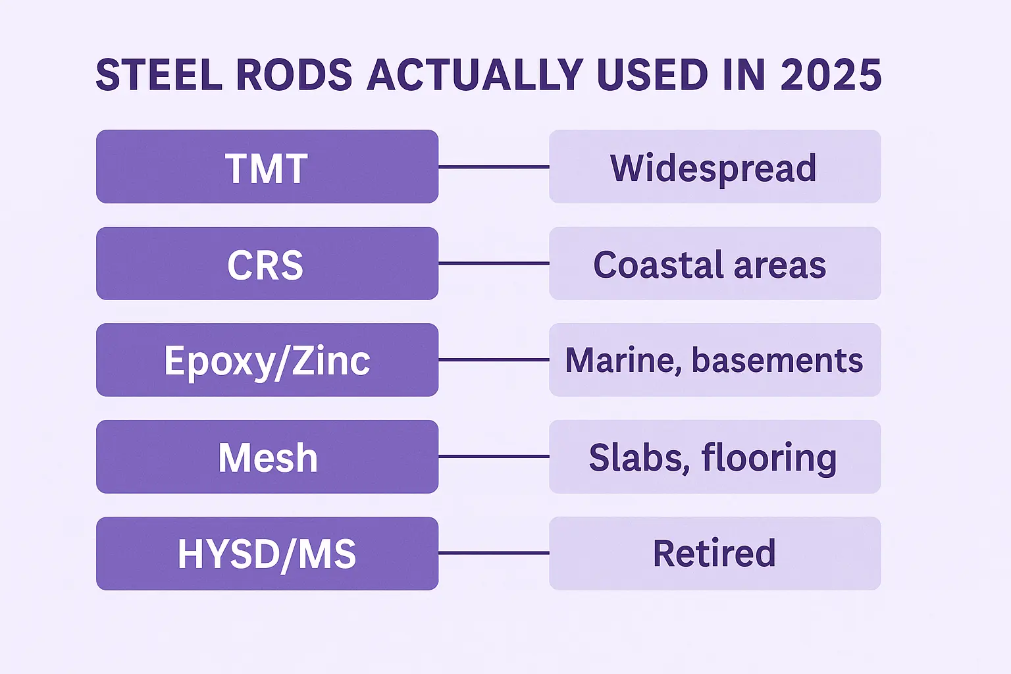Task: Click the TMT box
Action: click(267, 167)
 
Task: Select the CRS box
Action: click(267, 263)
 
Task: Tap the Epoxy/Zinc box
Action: click(267, 360)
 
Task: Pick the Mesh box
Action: click(267, 456)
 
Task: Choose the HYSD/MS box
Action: click(267, 553)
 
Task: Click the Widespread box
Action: click(715, 167)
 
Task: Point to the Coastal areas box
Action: click(715, 263)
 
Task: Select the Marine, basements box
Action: click(715, 360)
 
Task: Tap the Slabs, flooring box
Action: click(715, 456)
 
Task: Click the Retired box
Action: click(715, 553)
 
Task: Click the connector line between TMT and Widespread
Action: click(494, 167)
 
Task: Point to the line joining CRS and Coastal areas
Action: click(494, 263)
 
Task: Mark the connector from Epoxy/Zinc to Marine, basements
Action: click(494, 360)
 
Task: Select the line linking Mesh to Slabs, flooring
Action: click(494, 456)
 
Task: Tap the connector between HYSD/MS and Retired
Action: click(494, 553)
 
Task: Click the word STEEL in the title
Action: click(159, 74)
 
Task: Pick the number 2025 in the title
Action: click(831, 74)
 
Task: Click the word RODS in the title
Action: click(294, 74)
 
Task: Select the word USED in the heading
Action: click(652, 74)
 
